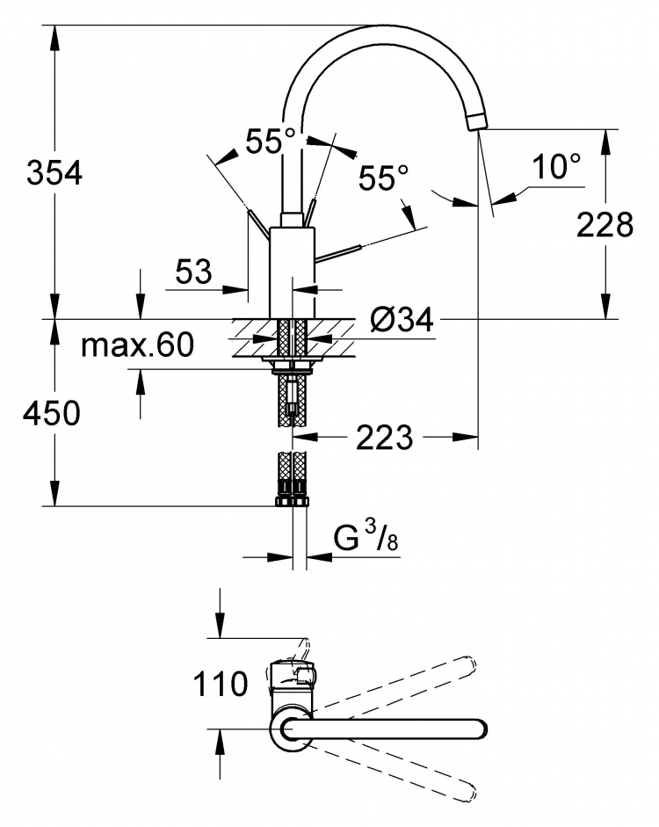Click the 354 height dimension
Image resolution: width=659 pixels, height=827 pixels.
(x=54, y=173)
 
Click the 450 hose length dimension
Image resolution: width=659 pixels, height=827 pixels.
(x=51, y=412)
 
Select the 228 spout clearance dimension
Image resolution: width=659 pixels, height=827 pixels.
(x=605, y=225)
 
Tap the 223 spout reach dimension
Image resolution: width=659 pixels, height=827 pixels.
(x=384, y=438)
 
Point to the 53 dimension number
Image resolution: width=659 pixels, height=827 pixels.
(x=193, y=272)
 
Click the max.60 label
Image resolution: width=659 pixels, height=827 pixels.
(x=138, y=345)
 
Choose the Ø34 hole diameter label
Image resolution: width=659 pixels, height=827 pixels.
(x=402, y=319)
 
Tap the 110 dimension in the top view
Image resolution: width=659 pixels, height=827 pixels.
(x=221, y=684)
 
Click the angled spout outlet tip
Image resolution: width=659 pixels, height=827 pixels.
(x=478, y=120)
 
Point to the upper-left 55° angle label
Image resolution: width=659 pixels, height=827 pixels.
(x=271, y=141)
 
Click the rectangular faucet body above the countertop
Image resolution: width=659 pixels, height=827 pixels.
(x=292, y=272)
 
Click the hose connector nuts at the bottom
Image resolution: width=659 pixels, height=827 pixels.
(x=292, y=501)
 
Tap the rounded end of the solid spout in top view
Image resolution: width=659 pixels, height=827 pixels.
(x=479, y=729)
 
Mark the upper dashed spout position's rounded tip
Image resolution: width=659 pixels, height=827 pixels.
(x=469, y=664)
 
